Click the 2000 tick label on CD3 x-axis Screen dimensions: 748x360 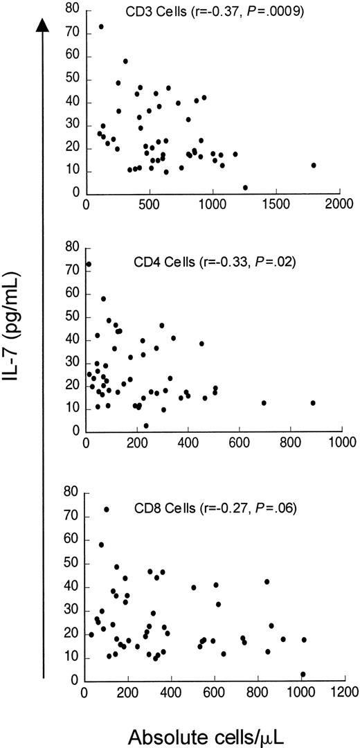coord(339,206)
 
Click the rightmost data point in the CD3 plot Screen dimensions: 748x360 coord(314,166)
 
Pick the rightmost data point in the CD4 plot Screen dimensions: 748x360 coord(313,403)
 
